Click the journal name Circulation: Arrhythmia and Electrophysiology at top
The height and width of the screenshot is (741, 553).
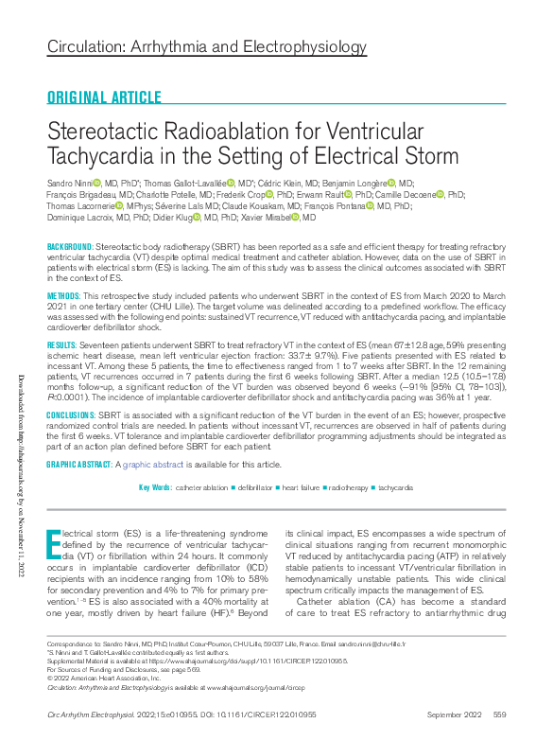[x=206, y=47]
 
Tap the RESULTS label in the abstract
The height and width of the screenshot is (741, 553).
[x=62, y=345]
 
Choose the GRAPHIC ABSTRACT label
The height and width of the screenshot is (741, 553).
[x=80, y=465]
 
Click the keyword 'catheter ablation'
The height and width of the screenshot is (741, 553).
[x=201, y=487]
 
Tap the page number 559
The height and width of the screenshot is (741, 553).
[x=499, y=714]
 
